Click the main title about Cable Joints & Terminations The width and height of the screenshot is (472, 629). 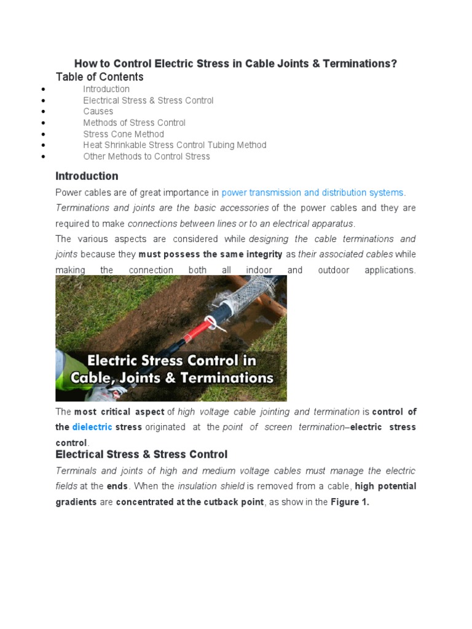(235, 64)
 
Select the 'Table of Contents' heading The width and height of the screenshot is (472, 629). (100, 77)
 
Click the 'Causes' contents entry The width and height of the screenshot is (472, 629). (98, 111)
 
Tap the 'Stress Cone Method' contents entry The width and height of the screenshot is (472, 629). (124, 134)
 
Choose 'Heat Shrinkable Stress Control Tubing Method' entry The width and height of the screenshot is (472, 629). (175, 145)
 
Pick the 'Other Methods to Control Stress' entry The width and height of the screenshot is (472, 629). (146, 156)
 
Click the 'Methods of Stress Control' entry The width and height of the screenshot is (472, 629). (134, 123)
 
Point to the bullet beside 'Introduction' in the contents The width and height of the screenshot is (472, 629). (43, 89)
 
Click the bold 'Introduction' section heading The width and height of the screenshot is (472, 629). (87, 176)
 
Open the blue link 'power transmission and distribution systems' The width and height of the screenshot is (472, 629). (312, 193)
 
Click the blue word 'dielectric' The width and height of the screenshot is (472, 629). (92, 427)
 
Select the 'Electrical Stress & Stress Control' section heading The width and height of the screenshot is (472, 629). (141, 455)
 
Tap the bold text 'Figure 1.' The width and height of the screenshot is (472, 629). (350, 502)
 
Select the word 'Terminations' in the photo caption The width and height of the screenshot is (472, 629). (227, 377)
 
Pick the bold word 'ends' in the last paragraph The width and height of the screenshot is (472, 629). (117, 486)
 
